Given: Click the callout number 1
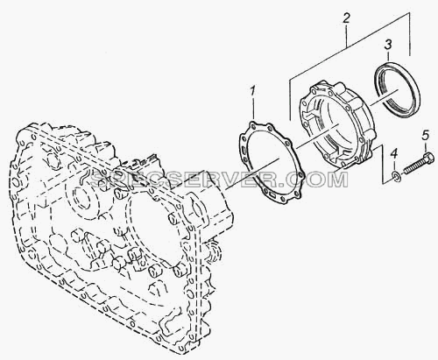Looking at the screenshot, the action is point(252,91).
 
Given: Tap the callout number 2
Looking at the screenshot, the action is point(346,19).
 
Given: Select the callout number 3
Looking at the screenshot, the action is point(388,46).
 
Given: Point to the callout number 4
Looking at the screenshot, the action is point(394,153).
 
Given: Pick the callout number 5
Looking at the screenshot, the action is point(425,135).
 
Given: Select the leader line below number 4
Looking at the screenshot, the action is point(394,166).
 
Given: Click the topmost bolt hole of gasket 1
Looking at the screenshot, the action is point(252,125).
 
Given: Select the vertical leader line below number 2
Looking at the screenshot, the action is point(346,36).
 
